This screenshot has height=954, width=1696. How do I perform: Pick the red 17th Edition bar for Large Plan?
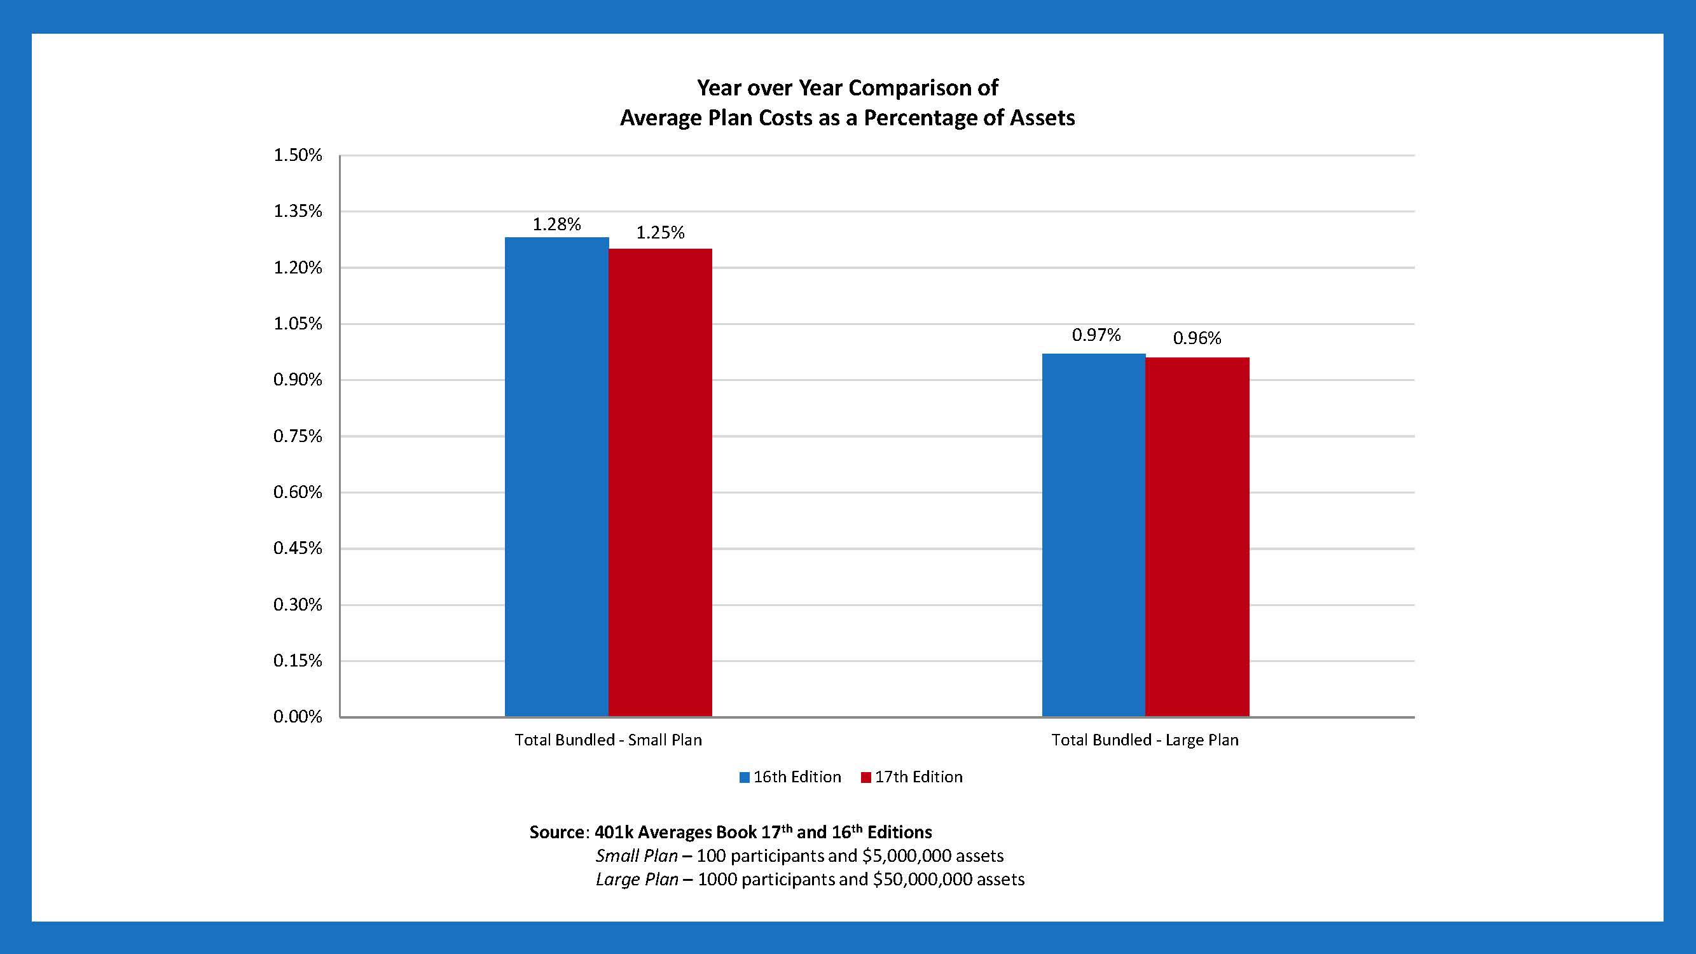(1197, 537)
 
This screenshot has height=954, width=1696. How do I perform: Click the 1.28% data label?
(556, 225)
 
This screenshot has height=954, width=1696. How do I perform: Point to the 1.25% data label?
(659, 232)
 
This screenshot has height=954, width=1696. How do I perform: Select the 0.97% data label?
(1096, 335)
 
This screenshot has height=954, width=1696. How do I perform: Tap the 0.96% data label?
(1196, 338)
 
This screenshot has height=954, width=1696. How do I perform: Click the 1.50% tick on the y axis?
(298, 155)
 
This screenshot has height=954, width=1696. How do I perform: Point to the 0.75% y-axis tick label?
(298, 436)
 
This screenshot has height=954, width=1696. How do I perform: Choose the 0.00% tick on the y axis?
(298, 717)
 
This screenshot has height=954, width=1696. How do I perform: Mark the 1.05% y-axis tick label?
(298, 324)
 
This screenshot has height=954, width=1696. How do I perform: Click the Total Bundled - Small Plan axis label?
(609, 740)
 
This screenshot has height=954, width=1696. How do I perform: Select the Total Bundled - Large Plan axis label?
(1145, 740)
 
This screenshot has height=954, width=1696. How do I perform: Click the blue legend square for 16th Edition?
(745, 778)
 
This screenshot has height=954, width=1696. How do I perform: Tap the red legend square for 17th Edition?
(865, 778)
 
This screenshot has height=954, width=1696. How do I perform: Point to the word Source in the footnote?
(556, 832)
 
